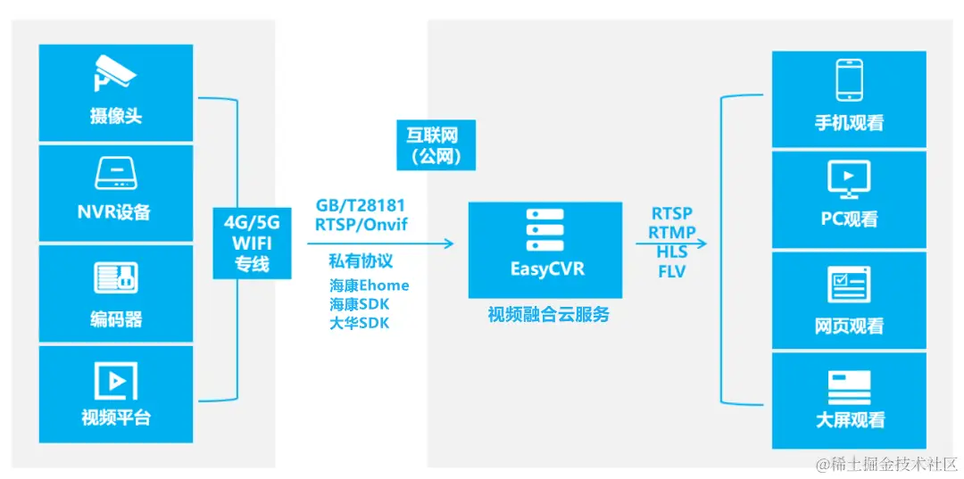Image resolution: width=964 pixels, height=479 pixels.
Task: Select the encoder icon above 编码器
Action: (x=116, y=278)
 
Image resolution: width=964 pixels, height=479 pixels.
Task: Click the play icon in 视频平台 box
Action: (x=116, y=381)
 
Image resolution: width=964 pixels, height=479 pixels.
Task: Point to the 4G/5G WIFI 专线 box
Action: (x=253, y=243)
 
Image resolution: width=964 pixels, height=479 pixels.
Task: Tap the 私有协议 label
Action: (x=361, y=262)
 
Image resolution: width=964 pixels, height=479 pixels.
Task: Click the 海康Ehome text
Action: (x=369, y=285)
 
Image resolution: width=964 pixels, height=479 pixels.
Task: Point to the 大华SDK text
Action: (x=359, y=323)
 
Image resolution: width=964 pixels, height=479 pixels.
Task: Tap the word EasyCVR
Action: (x=544, y=269)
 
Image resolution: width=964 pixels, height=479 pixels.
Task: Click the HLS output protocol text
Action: (x=671, y=252)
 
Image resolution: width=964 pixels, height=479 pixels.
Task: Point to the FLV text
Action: (x=671, y=271)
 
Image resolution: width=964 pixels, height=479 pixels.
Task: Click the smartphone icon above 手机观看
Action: (x=849, y=79)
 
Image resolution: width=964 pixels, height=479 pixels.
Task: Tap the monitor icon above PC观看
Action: (x=849, y=180)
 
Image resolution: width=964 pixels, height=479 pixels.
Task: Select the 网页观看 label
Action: (x=849, y=326)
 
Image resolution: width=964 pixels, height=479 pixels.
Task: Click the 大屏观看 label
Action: (x=849, y=420)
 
